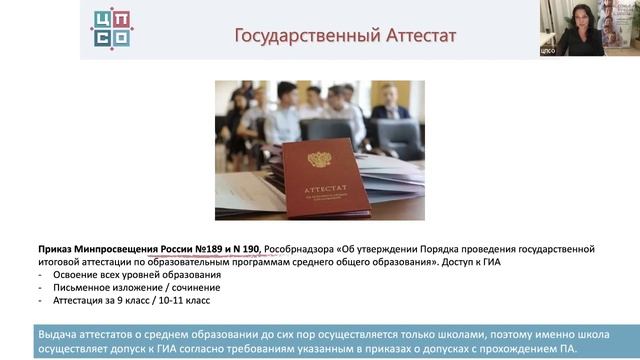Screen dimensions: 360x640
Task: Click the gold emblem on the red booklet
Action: pyautogui.click(x=320, y=159)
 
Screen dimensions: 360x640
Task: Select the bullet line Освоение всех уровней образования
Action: pyautogui.click(x=129, y=274)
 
